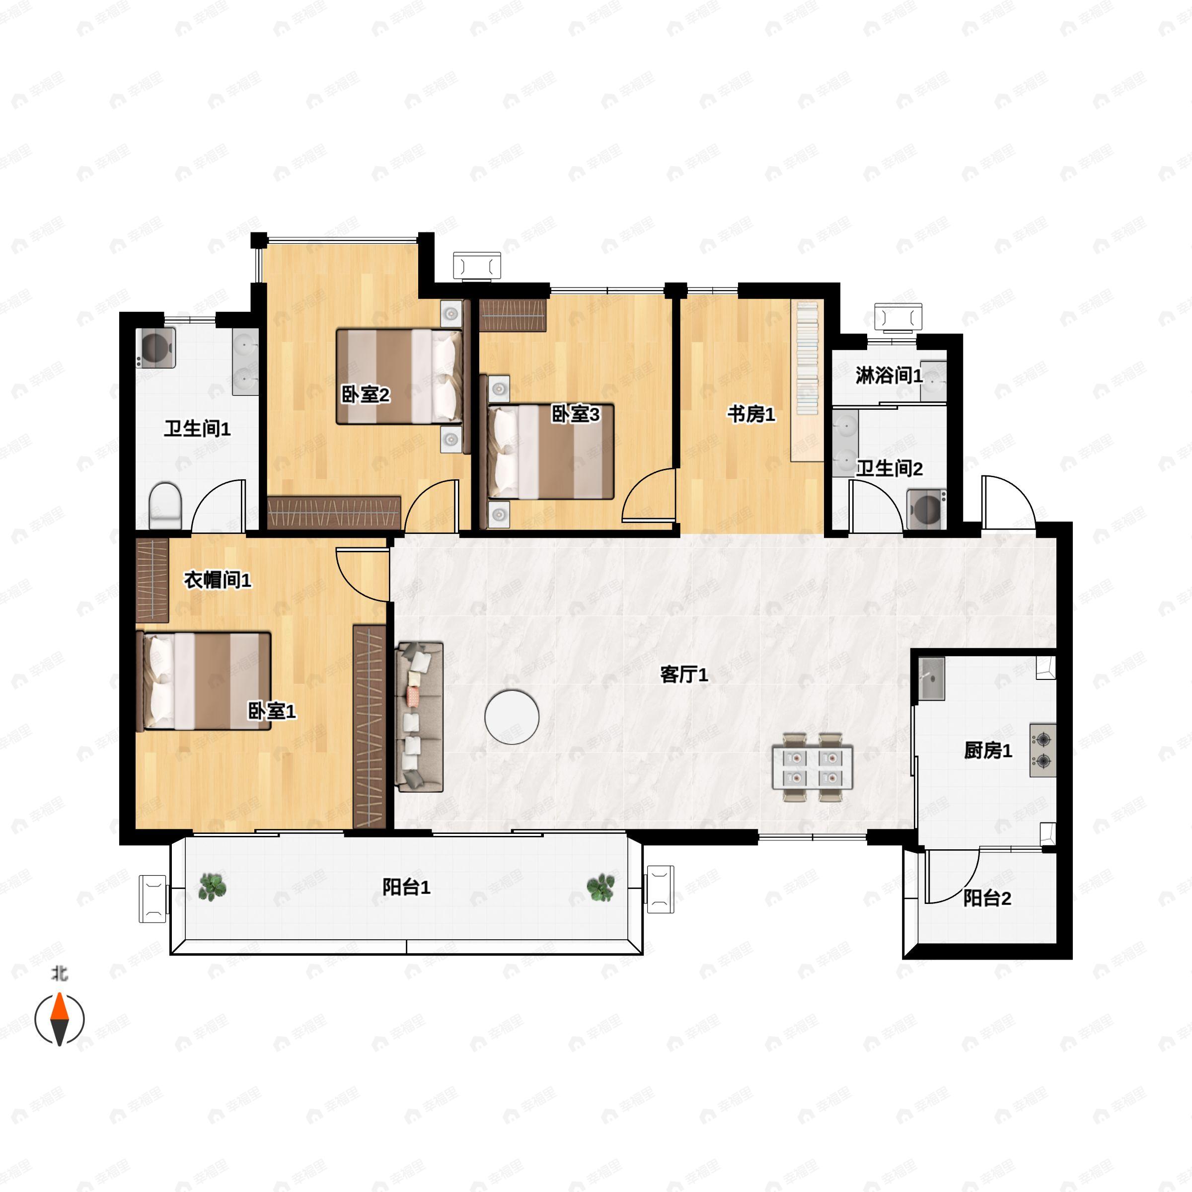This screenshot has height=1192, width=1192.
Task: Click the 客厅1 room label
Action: tap(683, 674)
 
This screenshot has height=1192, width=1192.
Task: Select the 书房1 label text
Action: tap(751, 414)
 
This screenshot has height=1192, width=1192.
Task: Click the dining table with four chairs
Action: tap(813, 767)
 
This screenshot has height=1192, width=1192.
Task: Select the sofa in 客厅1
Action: tap(420, 716)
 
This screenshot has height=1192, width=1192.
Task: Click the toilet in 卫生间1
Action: tap(165, 506)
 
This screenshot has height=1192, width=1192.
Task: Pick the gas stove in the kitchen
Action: tap(1043, 749)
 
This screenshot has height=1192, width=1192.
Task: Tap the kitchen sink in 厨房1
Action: tap(932, 678)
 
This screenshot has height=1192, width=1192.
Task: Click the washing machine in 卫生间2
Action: tap(927, 509)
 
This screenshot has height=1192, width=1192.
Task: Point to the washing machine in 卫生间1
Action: tap(155, 347)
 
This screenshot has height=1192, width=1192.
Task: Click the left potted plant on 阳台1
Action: tap(212, 887)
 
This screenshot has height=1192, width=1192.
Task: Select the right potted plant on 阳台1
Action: tap(600, 887)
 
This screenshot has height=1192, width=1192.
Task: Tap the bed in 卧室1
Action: tap(204, 681)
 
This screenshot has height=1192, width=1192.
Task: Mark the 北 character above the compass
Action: tap(59, 973)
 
